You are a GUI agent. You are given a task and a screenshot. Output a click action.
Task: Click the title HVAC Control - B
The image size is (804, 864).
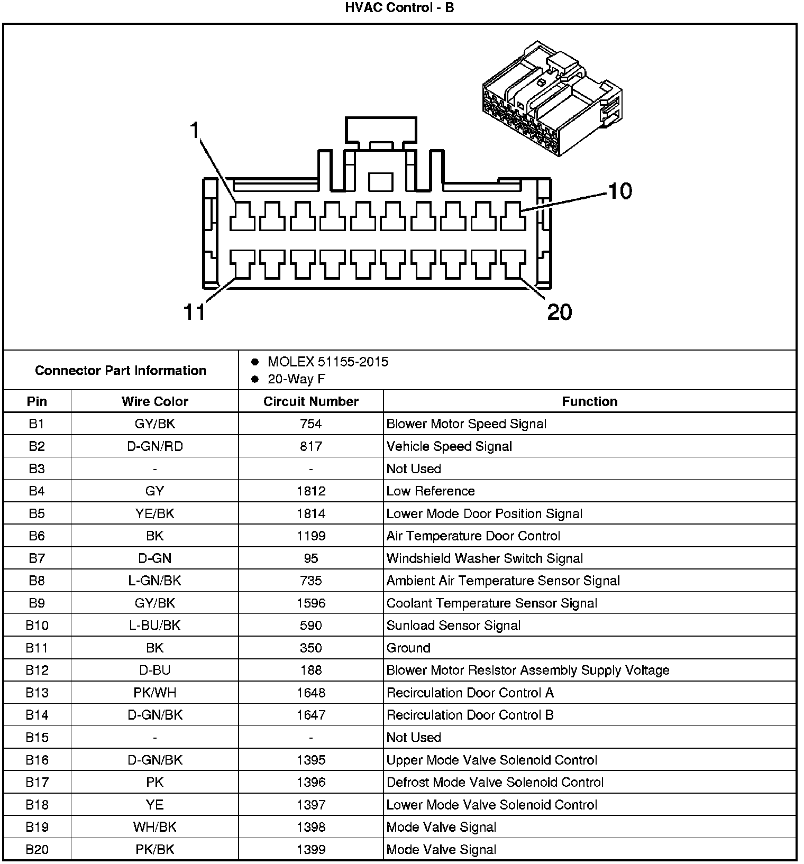[399, 8]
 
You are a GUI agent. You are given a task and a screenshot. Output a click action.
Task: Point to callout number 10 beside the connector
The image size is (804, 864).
[620, 191]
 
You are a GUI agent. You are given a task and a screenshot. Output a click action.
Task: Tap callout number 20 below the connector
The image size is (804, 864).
[560, 312]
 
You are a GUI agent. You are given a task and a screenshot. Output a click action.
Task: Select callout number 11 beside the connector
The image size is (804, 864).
[194, 312]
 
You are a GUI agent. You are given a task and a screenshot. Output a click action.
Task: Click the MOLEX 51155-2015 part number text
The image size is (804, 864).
[328, 362]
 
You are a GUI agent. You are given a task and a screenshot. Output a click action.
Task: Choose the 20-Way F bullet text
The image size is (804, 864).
[296, 379]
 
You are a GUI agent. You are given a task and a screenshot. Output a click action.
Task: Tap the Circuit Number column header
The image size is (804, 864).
[311, 401]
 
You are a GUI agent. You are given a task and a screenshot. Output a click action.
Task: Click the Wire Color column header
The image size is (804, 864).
[154, 401]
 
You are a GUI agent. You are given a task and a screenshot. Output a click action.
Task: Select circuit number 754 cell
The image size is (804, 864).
[311, 424]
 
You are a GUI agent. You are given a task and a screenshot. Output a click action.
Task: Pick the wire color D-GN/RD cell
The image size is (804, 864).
[154, 446]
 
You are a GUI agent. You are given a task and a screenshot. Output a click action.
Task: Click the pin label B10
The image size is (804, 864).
[37, 626]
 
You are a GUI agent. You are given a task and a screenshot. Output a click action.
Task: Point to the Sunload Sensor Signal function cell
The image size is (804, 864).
[453, 626]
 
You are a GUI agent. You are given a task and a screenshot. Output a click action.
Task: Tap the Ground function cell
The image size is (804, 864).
[408, 648]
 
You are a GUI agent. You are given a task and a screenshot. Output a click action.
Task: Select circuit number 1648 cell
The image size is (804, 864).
[311, 693]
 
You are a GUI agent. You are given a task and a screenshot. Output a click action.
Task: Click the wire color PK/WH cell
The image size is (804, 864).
[154, 693]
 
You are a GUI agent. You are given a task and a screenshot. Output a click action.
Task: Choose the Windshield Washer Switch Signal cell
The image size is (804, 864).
[485, 558]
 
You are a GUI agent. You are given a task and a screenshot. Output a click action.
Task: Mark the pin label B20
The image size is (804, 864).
[37, 849]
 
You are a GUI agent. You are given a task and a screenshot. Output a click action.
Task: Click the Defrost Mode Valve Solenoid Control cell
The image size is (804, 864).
[495, 782]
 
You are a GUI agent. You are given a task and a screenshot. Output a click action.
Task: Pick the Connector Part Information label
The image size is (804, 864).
[121, 370]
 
